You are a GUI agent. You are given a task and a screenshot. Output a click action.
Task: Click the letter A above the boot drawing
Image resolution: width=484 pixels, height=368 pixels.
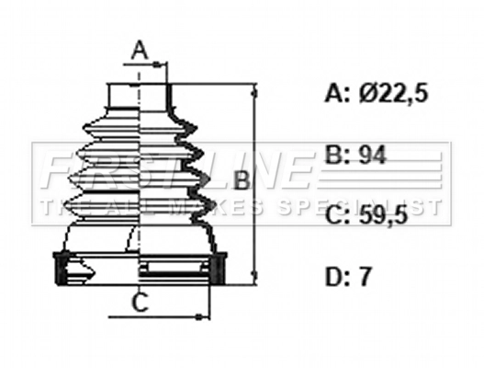(x=140, y=50)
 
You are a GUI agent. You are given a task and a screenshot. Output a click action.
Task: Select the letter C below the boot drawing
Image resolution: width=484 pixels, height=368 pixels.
(x=139, y=300)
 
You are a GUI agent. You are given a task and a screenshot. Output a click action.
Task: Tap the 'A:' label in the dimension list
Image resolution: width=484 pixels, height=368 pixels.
(x=339, y=93)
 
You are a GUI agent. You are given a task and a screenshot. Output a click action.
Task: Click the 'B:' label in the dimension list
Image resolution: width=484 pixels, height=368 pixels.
(x=339, y=155)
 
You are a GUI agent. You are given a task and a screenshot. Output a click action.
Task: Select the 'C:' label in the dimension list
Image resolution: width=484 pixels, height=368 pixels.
(x=339, y=216)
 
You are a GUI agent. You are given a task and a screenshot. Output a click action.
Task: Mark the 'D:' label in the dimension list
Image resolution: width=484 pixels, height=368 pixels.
(x=339, y=277)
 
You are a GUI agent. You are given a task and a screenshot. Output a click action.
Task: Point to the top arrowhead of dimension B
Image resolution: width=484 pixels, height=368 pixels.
(x=254, y=89)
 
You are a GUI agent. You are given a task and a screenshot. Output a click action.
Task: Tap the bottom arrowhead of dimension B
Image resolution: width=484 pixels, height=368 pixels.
(x=254, y=278)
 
